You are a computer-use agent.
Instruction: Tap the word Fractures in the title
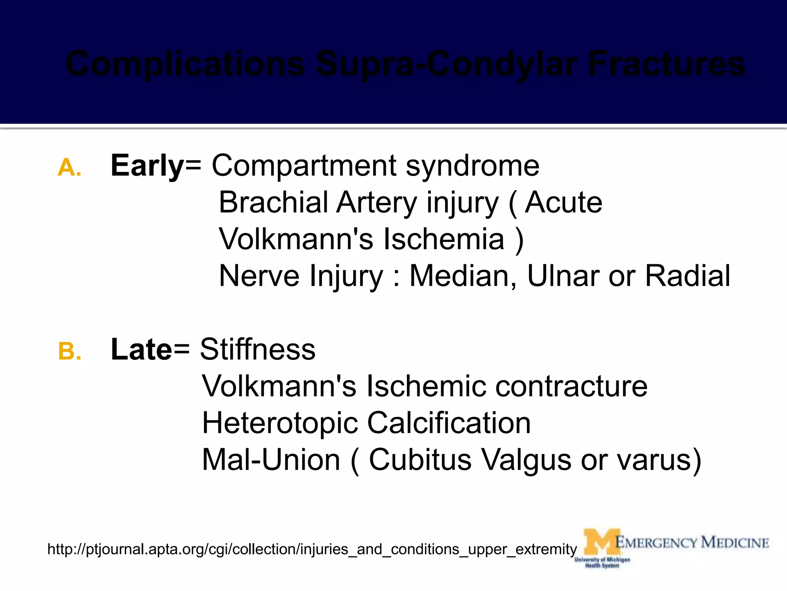pyautogui.click(x=666, y=64)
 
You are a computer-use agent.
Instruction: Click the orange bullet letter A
pyautogui.click(x=69, y=168)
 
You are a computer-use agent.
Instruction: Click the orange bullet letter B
pyautogui.click(x=70, y=352)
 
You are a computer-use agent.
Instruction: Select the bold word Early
pyautogui.click(x=147, y=166)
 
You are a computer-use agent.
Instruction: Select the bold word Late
pyautogui.click(x=141, y=349)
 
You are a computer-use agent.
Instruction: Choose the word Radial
pyautogui.click(x=687, y=276)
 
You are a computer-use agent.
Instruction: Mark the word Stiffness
pyautogui.click(x=257, y=349)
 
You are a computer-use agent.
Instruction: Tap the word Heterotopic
pyautogui.click(x=280, y=423)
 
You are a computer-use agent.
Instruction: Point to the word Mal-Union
pyautogui.click(x=271, y=459)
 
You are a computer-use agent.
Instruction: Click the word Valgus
pyautogui.click(x=526, y=459)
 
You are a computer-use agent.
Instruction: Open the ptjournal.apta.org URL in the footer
pyautogui.click(x=312, y=549)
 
